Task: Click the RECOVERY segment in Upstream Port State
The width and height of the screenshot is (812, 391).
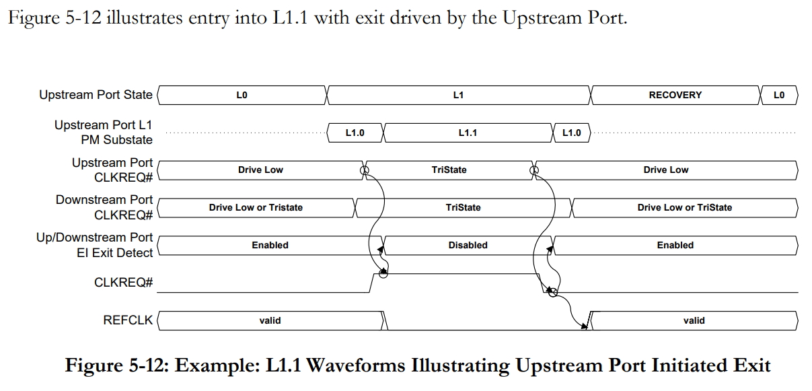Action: (x=675, y=95)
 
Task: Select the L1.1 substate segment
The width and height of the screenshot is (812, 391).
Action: (x=468, y=133)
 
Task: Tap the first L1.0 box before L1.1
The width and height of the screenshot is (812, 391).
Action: (x=355, y=133)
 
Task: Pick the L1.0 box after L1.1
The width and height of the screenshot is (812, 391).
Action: (x=571, y=133)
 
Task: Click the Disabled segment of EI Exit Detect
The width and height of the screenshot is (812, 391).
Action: (x=468, y=245)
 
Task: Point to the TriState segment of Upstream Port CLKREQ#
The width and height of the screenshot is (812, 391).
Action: (x=449, y=170)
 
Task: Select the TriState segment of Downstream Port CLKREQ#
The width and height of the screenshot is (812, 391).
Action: (x=463, y=207)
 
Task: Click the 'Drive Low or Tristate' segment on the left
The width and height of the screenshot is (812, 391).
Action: (x=256, y=207)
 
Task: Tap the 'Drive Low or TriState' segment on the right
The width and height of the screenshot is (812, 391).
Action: (x=684, y=207)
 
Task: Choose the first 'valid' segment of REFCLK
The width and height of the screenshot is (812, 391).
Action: (x=270, y=320)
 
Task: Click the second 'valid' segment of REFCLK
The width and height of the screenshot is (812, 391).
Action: (x=694, y=320)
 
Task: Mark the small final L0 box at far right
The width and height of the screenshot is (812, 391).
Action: (x=778, y=95)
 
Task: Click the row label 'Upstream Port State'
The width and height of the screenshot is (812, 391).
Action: (x=96, y=95)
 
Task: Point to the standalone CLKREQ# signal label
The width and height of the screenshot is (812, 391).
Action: (x=123, y=283)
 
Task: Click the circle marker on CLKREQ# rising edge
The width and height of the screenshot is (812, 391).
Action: (x=383, y=273)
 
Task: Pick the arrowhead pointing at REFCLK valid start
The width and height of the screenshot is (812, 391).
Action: (x=586, y=326)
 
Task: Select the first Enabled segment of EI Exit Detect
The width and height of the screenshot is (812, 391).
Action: (x=270, y=245)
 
